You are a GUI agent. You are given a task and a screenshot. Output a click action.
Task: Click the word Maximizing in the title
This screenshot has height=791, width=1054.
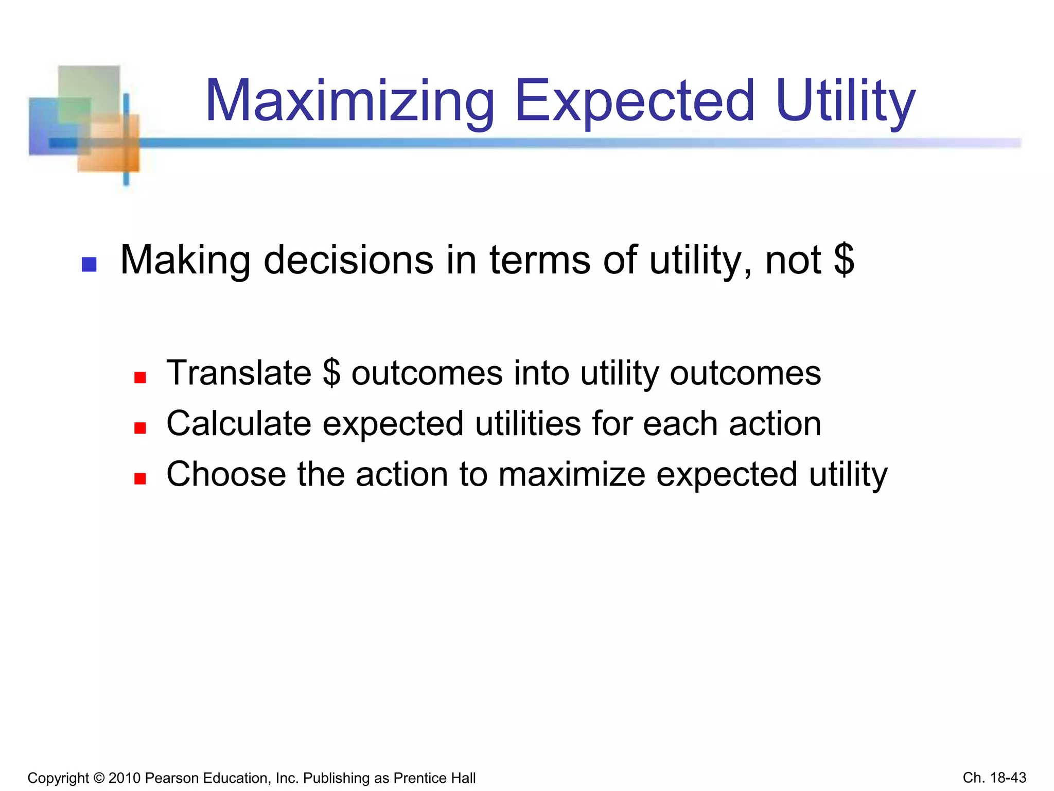[x=349, y=101]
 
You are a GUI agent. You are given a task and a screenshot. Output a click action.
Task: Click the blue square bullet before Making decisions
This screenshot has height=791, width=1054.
[x=90, y=265]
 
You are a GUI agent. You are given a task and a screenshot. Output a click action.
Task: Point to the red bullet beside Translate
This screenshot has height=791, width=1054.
[x=140, y=378]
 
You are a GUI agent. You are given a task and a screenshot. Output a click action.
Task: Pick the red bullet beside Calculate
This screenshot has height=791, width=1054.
[x=140, y=428]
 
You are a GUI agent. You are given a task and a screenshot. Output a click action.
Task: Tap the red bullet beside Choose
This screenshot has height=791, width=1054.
[x=140, y=479]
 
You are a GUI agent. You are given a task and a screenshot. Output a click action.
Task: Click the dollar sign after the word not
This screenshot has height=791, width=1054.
[x=844, y=260]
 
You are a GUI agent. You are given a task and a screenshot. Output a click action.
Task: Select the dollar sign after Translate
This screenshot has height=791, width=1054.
[x=331, y=373]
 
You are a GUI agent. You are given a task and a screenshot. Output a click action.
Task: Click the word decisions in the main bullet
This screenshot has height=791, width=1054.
[x=348, y=260]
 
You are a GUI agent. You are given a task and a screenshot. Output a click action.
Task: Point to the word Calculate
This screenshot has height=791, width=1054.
[x=239, y=423]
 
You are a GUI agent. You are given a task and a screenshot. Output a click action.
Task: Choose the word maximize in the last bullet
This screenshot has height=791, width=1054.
[x=571, y=474]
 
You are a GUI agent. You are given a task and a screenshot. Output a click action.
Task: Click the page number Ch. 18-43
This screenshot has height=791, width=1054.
[x=994, y=778]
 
